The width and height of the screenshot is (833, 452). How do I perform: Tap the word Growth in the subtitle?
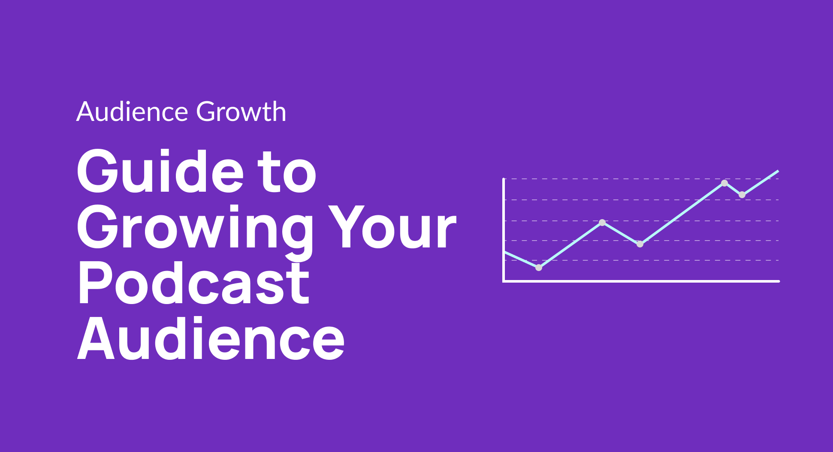point(241,112)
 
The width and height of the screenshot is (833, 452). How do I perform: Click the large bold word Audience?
point(211,339)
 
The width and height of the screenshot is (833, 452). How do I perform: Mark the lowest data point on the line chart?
point(539,268)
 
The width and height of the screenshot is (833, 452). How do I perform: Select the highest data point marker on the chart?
point(724,183)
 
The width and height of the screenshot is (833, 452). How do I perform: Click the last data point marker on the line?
point(742,195)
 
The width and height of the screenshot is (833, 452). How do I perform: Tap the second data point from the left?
point(602,223)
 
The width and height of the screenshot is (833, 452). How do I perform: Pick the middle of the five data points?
point(640,244)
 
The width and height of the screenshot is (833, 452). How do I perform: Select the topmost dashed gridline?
point(622,179)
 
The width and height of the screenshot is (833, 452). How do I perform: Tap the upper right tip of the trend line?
point(777,172)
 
